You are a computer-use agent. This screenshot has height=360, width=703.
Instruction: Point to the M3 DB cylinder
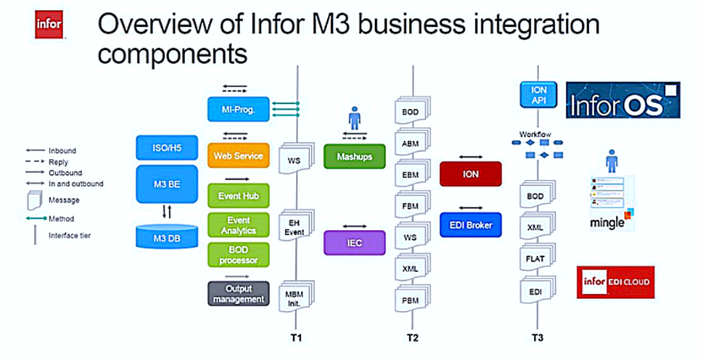coord(166,236)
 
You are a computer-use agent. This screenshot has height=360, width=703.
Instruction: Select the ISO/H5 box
coord(166,147)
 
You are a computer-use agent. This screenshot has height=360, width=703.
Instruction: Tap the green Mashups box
coord(354,155)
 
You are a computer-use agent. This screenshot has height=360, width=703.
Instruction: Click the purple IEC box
coord(354,242)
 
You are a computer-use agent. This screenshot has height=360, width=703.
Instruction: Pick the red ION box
coord(471,174)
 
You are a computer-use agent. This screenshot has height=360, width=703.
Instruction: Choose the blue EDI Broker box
coord(471,225)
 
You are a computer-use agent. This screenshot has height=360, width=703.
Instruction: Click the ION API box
coord(537,96)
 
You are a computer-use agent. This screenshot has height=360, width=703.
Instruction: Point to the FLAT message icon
coord(536,259)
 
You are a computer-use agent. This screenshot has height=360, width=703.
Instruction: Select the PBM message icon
coord(411,300)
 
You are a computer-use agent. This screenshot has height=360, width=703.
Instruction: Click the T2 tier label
coord(412,338)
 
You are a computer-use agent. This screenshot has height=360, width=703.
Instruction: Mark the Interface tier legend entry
coord(69,235)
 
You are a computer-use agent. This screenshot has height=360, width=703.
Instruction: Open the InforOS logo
coord(623,100)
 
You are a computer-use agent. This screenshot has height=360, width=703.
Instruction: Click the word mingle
coord(607,223)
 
